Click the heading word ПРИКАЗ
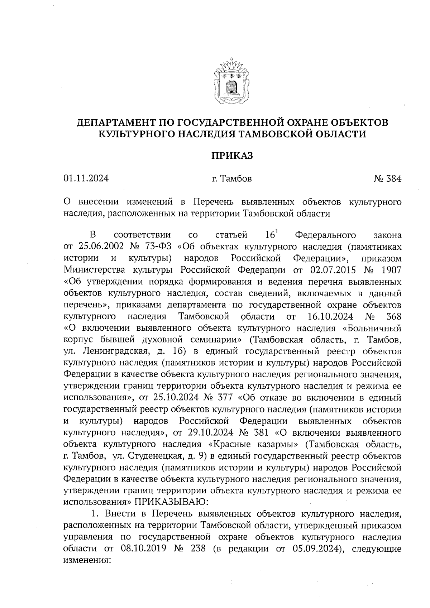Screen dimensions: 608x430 tap(232, 156)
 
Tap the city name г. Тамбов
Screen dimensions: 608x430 tap(231, 178)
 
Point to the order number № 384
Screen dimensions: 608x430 tap(387, 178)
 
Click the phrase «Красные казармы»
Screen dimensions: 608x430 tap(253, 444)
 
